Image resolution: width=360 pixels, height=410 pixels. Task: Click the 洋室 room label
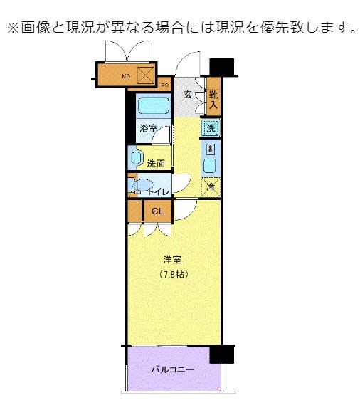[174, 260]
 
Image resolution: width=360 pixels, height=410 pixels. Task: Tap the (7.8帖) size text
[174, 274]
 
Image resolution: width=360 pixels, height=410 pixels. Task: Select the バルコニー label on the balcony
[172, 370]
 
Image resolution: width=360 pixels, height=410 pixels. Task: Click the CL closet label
[158, 211]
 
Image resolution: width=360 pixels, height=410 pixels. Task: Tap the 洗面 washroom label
[156, 163]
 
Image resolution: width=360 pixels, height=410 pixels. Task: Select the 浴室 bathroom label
[149, 129]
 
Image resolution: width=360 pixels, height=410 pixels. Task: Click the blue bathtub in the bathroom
[152, 107]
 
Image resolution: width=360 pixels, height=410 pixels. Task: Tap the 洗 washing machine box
[210, 128]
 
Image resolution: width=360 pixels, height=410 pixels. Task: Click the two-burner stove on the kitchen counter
[211, 149]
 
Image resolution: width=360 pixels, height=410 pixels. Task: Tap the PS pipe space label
[165, 85]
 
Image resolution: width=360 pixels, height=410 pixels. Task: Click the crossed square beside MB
[145, 74]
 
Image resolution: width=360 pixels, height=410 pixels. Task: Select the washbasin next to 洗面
[135, 158]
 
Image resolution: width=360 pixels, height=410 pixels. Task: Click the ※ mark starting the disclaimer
[12, 28]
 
